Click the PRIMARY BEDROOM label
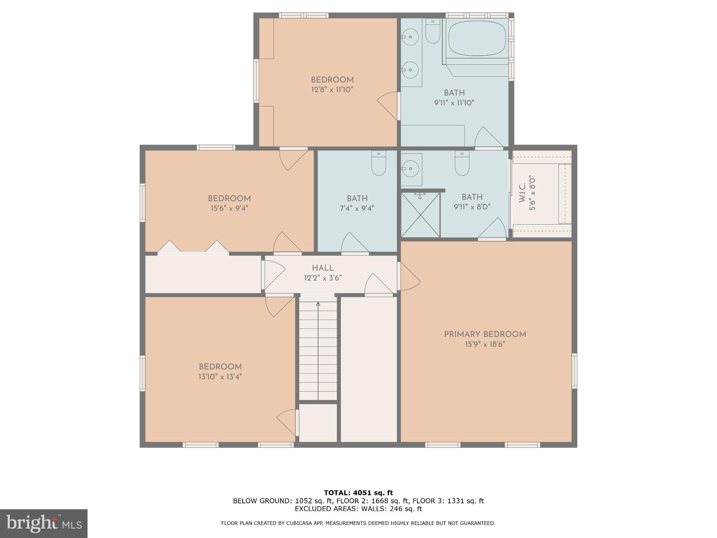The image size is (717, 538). (485, 334)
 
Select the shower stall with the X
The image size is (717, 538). (420, 214)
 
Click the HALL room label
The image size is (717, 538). (322, 268)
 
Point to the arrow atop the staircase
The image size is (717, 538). (318, 304)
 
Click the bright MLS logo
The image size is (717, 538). (43, 523)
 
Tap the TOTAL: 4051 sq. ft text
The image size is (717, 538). (358, 493)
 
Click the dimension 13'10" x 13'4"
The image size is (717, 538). (220, 377)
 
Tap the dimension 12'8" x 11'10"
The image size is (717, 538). (332, 90)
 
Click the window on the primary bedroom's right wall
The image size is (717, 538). (574, 371)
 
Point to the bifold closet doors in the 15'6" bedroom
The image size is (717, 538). (193, 247)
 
